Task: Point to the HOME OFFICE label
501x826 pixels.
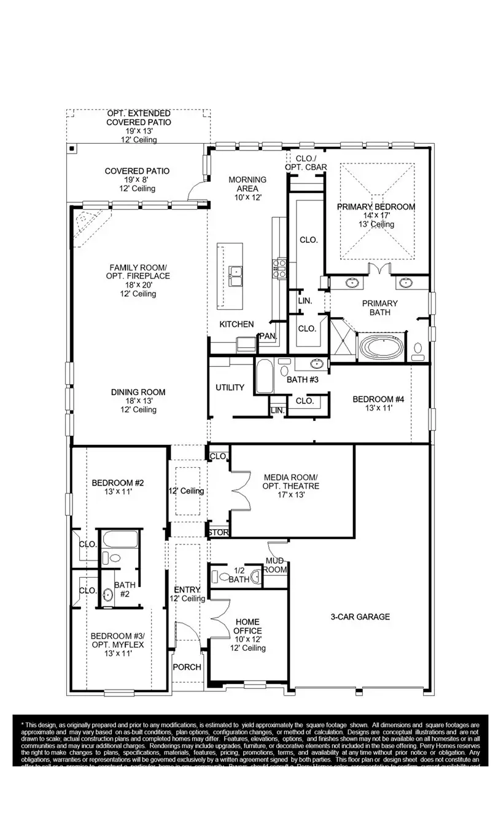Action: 247,626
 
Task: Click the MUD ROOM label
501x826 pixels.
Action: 276,565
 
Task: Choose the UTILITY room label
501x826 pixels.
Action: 230,387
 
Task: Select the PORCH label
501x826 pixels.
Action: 187,667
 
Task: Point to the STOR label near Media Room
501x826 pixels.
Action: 217,532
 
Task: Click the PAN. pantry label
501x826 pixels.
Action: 267,336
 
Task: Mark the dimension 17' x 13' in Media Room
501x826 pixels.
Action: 290,494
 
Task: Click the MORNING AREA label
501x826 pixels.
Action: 247,184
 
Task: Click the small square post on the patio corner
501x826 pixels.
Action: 72,149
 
